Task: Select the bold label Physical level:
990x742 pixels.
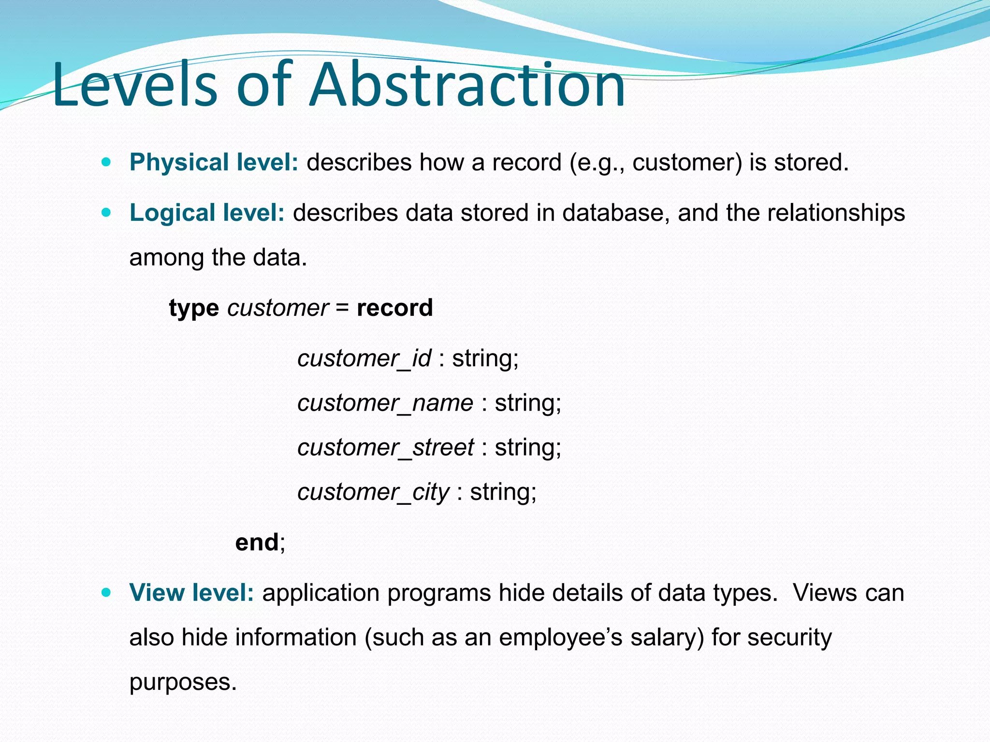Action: click(x=214, y=162)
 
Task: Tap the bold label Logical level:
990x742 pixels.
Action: click(x=207, y=213)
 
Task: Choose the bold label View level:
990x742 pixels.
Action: click(x=191, y=593)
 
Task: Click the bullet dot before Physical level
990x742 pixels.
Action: click(x=106, y=162)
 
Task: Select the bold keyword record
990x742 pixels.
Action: click(x=394, y=308)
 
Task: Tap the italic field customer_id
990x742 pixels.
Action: click(x=364, y=359)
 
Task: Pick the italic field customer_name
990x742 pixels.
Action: click(x=385, y=403)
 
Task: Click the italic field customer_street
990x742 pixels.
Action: click(x=385, y=448)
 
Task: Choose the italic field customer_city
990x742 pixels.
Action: click(x=373, y=492)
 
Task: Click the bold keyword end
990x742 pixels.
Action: click(x=257, y=542)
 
